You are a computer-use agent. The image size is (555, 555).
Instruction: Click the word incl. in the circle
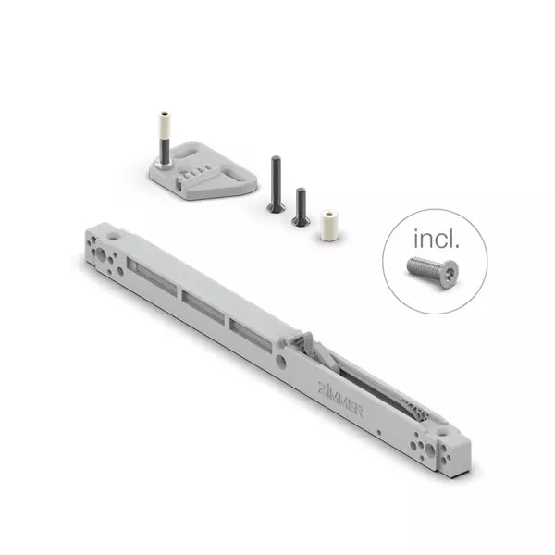(x=437, y=239)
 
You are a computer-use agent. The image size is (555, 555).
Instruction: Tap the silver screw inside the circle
(x=433, y=272)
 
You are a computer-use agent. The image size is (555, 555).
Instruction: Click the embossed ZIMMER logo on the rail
(x=340, y=398)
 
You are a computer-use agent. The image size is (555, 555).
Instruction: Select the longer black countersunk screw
(x=276, y=184)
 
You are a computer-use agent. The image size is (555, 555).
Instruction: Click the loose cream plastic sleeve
(x=328, y=226)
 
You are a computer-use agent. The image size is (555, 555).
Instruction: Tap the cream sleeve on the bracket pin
(x=164, y=127)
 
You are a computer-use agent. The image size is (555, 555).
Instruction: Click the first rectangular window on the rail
(x=152, y=276)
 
